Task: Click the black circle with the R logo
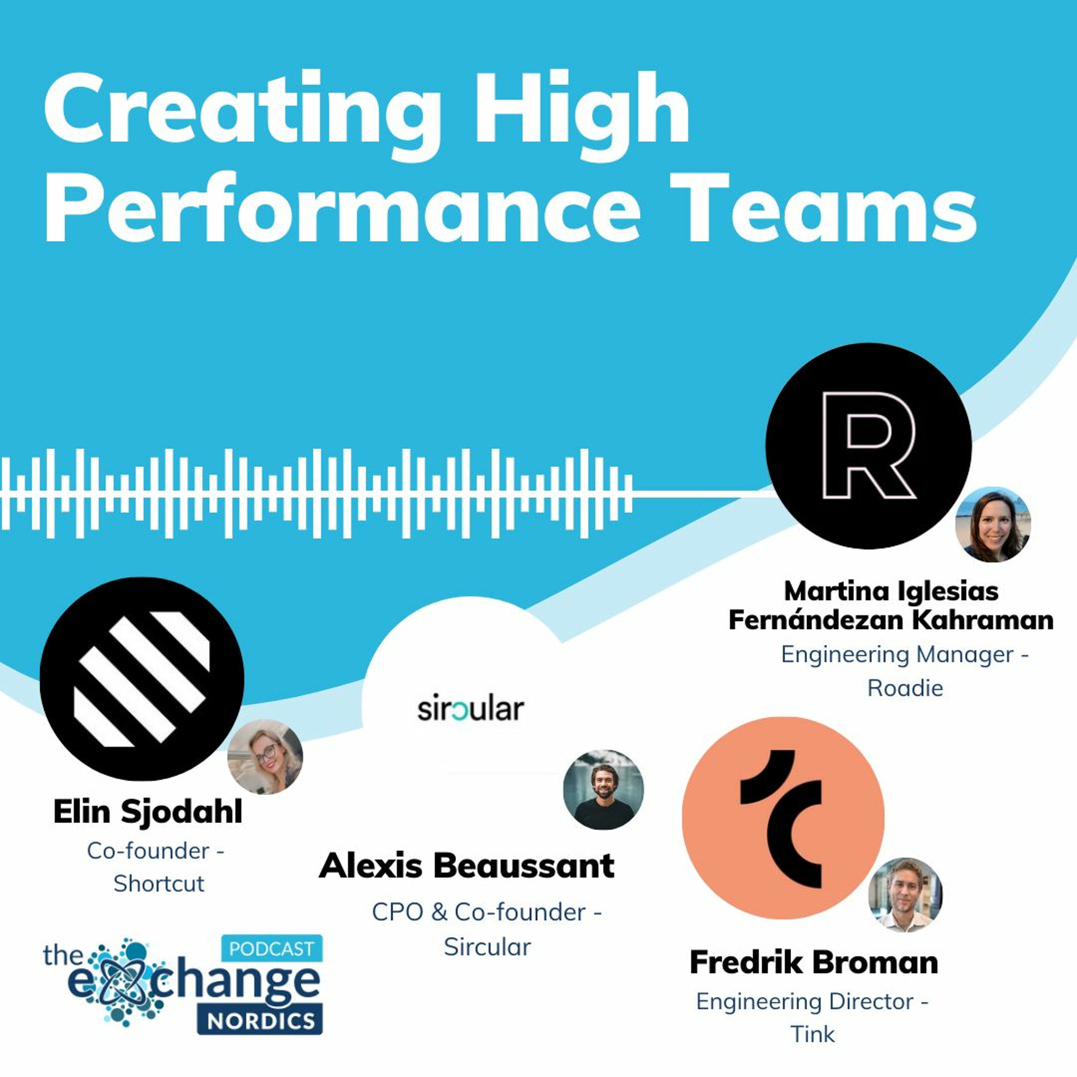coord(868,446)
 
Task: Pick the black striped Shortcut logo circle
coord(142,679)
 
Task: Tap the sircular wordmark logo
coord(471,709)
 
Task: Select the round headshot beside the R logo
coord(993,524)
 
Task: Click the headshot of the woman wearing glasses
coord(265,756)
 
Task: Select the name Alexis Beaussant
coord(467,866)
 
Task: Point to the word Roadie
coord(905,688)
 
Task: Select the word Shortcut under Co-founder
coord(159,883)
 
